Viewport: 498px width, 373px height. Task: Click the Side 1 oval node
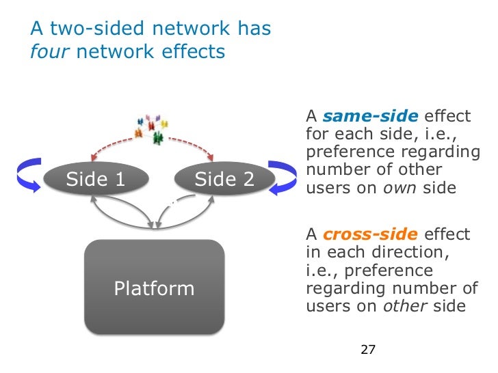[x=95, y=180]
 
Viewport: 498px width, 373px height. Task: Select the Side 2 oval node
[x=224, y=180]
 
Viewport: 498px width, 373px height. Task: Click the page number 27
[x=368, y=350]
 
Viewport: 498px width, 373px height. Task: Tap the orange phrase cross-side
[x=370, y=235]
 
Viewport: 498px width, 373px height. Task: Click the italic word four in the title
[x=50, y=52]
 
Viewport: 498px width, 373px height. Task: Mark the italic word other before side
[x=403, y=306]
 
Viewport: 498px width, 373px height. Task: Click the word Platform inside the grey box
[x=154, y=288]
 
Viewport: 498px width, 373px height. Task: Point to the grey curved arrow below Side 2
[x=185, y=215]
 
